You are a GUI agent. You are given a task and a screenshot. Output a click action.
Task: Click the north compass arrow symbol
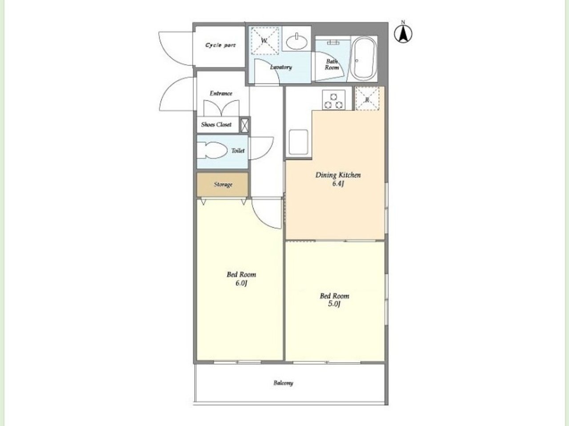(x=403, y=34)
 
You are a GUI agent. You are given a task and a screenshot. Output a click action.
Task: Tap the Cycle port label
(x=220, y=45)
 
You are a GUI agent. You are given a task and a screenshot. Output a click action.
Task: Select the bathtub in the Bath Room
(x=363, y=59)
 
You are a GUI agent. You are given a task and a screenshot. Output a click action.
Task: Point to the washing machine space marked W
(x=264, y=41)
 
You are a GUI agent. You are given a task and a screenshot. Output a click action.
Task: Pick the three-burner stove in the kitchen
(x=334, y=99)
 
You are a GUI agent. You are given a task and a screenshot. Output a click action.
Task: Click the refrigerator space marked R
(x=367, y=99)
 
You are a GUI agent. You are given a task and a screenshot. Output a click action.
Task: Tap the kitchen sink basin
(x=298, y=142)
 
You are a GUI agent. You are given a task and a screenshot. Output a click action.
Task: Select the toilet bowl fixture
(x=212, y=150)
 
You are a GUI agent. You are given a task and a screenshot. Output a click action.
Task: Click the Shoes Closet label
(x=216, y=125)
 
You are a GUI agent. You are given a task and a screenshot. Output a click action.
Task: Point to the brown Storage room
(x=222, y=185)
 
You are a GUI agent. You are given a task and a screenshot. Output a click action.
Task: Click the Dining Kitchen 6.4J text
(x=338, y=179)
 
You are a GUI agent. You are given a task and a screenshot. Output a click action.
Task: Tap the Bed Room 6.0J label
(x=241, y=279)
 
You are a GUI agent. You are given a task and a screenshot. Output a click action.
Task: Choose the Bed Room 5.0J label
(x=334, y=300)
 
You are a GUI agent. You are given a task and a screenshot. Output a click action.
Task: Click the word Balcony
(x=283, y=383)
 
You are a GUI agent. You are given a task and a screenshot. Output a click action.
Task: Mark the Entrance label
(x=221, y=93)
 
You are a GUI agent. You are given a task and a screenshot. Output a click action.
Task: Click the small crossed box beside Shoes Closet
(x=244, y=125)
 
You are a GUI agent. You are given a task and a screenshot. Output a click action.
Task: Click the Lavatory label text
(x=281, y=67)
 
